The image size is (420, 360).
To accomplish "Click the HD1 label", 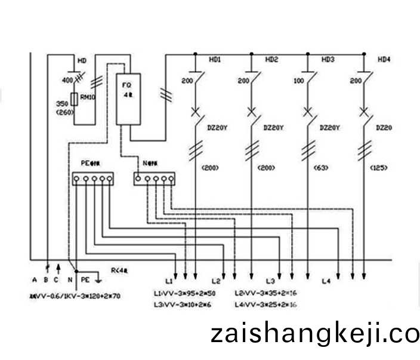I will click(x=215, y=60).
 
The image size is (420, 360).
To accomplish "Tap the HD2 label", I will click(x=271, y=60).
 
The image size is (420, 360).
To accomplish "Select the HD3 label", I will click(x=328, y=60).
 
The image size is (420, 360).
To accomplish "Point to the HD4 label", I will click(x=384, y=60).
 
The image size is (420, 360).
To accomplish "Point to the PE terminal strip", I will click(x=92, y=179).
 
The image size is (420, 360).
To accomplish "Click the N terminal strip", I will click(x=154, y=179).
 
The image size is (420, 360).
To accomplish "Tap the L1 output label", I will click(x=169, y=281).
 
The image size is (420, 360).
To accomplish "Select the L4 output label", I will click(x=326, y=281).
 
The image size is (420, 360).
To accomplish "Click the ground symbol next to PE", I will click(x=99, y=279).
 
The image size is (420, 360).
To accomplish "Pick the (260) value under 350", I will click(x=63, y=112).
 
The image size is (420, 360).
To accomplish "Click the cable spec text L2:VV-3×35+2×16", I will click(x=265, y=294).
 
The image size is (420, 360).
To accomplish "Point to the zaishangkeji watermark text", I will click(x=315, y=335).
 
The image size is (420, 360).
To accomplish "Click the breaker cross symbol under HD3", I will click(x=308, y=111).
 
